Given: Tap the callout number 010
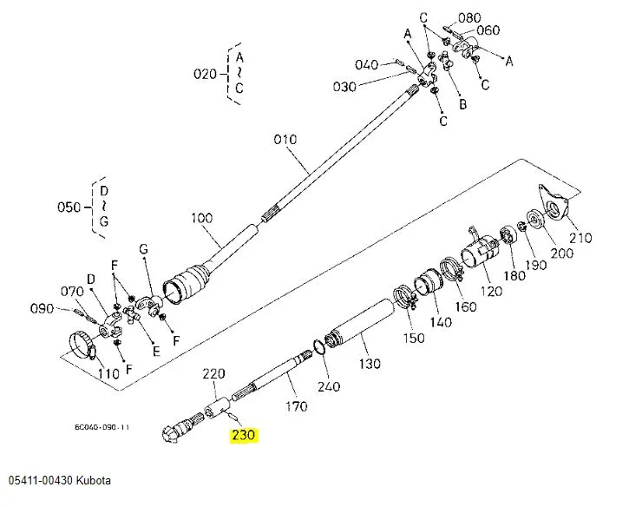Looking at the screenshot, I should coord(285,139).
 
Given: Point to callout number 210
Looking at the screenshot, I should coord(580,239).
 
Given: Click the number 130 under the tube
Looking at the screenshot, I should coord(370,363).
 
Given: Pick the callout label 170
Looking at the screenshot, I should coord(296,405).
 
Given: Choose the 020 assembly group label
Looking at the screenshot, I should coord(205,74).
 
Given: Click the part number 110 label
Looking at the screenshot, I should coord(108,373).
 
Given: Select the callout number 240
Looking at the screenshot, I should coord(330,386).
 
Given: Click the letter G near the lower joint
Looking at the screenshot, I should coord(144,249).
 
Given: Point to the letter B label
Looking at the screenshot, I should coord(462,104).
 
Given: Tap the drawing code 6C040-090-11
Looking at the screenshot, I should coord(102,427).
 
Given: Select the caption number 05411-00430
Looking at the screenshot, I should coord(41,481).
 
